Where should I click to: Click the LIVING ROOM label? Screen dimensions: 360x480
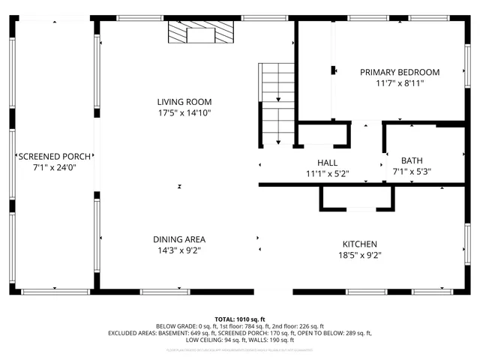(x=184, y=102)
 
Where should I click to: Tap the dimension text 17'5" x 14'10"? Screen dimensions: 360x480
(x=184, y=113)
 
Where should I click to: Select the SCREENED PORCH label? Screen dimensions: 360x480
(x=55, y=157)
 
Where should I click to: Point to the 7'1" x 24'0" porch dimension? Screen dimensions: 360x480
(x=55, y=167)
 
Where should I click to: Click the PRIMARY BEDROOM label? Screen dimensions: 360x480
(x=399, y=73)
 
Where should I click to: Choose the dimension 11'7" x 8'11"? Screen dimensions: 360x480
(x=399, y=84)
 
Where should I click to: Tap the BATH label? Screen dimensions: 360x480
(x=412, y=160)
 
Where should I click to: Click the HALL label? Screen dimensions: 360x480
(x=327, y=163)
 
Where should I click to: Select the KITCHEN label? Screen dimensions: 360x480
(x=359, y=244)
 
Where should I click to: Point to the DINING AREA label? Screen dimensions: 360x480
(x=179, y=240)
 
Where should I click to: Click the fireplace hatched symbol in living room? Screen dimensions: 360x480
(x=201, y=34)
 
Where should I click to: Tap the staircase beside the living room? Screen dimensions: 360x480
(x=278, y=104)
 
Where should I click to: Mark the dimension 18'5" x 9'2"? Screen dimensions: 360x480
(x=359, y=256)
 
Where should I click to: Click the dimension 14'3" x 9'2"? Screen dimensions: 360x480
(x=179, y=250)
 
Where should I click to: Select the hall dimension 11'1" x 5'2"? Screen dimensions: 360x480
(x=327, y=173)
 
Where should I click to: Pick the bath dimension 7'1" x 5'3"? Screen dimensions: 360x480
(x=412, y=171)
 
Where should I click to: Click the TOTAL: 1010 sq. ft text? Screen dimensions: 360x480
(x=239, y=319)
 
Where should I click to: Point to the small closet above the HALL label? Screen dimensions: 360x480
(x=323, y=134)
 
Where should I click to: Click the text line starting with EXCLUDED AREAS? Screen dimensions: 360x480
(x=239, y=333)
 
